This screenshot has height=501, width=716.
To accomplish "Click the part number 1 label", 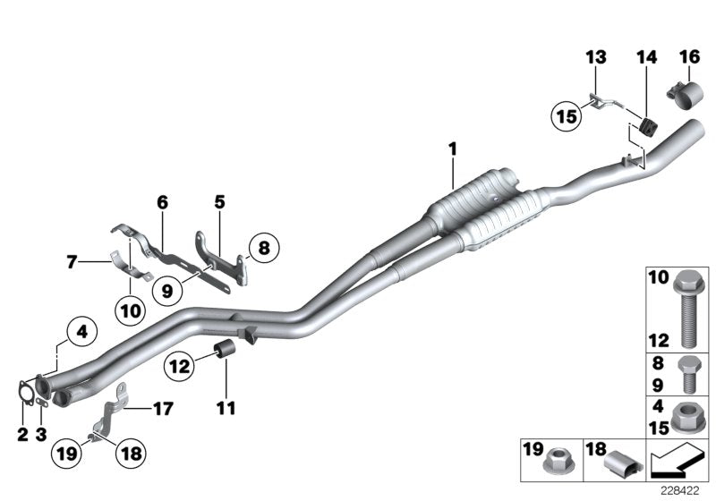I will coord(453,147).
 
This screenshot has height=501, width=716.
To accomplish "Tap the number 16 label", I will coord(689,56).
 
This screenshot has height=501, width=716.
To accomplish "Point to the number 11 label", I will coord(225,409).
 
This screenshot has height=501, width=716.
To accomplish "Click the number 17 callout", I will coord(162,410).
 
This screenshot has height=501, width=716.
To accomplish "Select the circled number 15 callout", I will coord(565,115).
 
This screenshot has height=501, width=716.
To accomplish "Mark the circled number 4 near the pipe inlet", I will coord(81,332).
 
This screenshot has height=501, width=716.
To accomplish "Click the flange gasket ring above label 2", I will coord(23,393).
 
